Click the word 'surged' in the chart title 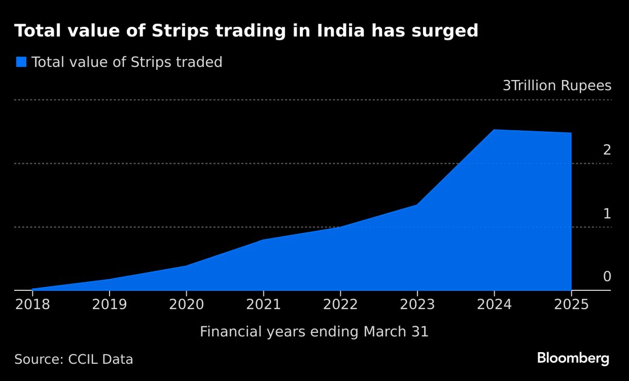tap(445, 31)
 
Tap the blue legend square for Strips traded tap(21, 62)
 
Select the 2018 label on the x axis tap(32, 304)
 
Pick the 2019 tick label tap(110, 304)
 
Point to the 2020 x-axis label tap(186, 304)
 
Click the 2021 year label tap(263, 304)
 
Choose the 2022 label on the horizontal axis tap(340, 304)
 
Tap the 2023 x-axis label tap(417, 304)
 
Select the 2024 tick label tap(494, 304)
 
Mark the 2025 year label tap(571, 304)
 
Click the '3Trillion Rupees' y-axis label tap(557, 86)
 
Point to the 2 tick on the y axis tap(607, 150)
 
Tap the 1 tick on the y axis tap(607, 214)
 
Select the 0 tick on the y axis tap(607, 277)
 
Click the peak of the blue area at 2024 tap(494, 130)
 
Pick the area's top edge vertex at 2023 tap(417, 204)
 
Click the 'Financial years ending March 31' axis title tap(314, 332)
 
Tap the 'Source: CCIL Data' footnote tap(73, 360)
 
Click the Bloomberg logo tap(573, 359)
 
